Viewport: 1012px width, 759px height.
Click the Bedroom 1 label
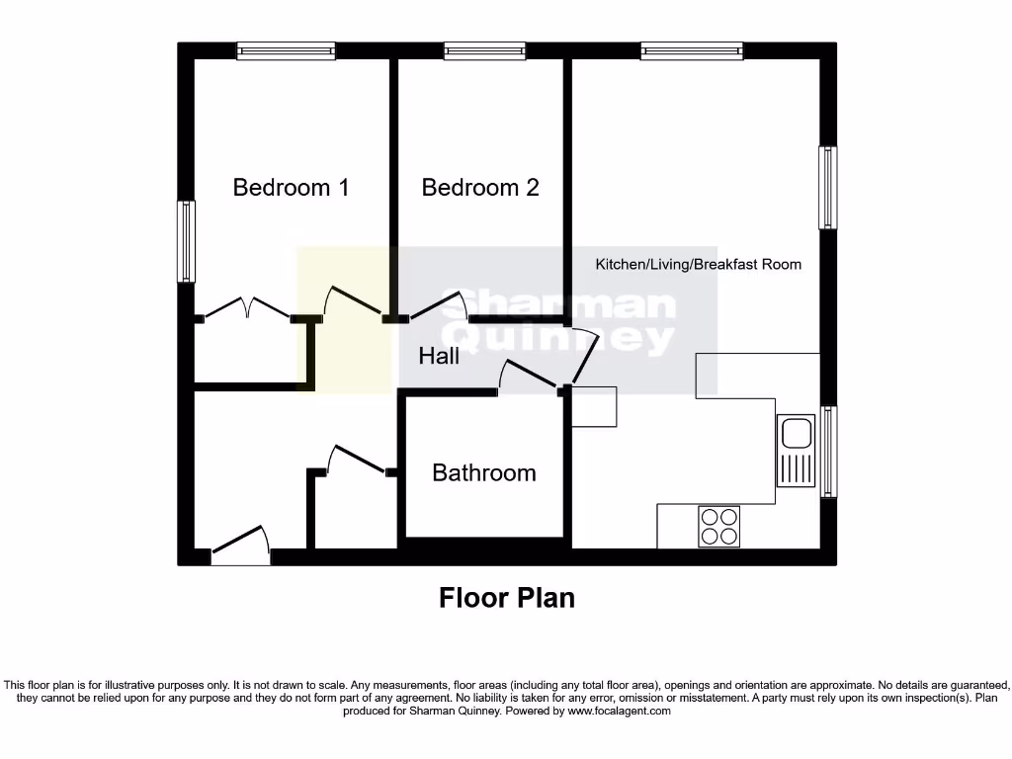click(291, 187)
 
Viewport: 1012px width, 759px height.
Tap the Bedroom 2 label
click(480, 187)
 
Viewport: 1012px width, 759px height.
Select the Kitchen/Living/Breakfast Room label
click(698, 264)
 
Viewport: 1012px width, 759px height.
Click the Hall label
click(439, 356)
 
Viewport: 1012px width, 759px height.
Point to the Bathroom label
click(484, 472)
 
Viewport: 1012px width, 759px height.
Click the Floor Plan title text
click(507, 598)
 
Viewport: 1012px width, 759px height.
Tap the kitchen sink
click(795, 451)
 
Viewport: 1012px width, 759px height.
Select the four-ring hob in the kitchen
click(718, 526)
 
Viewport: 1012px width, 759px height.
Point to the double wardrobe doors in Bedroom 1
click(247, 308)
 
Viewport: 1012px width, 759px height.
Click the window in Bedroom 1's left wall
click(186, 241)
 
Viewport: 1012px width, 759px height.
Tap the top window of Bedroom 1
click(286, 50)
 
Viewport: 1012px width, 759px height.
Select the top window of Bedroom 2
click(484, 50)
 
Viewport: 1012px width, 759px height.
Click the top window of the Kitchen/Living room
click(692, 50)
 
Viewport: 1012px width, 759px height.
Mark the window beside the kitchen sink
click(828, 452)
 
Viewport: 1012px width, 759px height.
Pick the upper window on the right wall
click(828, 188)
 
